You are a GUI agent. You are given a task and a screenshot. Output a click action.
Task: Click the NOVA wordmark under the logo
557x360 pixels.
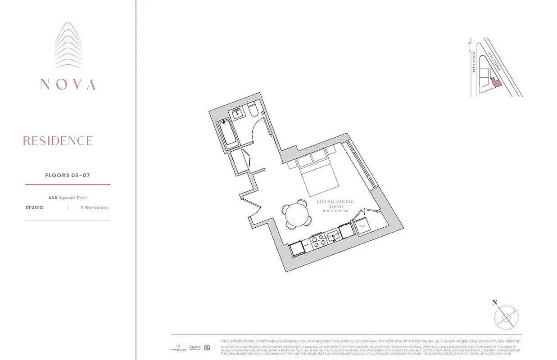(x=68, y=84)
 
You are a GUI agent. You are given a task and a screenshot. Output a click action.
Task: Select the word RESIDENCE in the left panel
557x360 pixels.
(x=58, y=141)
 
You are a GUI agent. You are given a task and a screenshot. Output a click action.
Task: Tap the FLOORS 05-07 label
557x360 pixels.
(x=68, y=175)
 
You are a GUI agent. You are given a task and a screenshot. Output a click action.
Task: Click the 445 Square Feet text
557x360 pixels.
(x=68, y=197)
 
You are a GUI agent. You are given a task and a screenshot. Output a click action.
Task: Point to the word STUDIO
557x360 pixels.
(x=35, y=207)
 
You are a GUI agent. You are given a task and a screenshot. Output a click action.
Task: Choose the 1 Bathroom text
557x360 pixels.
(x=95, y=207)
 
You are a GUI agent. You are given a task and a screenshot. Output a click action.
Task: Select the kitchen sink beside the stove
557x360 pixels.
(x=333, y=234)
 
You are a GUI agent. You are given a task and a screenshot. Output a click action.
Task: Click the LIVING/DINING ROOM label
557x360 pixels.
(x=335, y=204)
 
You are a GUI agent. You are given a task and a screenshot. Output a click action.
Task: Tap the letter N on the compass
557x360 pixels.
(x=495, y=302)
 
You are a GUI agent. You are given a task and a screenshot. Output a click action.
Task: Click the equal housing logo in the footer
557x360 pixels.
(x=207, y=347)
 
